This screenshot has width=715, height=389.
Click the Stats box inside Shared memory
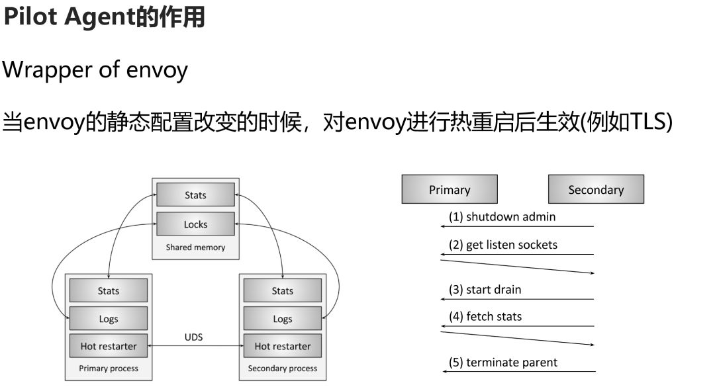coord(195,195)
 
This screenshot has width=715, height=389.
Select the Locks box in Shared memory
coord(195,224)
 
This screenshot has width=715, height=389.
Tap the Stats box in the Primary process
coord(109,291)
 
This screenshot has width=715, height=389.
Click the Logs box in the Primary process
coord(109,319)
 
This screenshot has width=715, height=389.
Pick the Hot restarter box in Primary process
coord(109,346)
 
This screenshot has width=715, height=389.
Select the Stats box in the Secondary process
coord(283,291)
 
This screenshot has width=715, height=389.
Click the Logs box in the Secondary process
coord(283,319)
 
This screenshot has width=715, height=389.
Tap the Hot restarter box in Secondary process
coord(283,346)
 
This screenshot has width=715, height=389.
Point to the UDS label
coord(193,337)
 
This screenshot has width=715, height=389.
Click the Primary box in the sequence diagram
coord(450,189)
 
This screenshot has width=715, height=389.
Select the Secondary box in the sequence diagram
coord(596,189)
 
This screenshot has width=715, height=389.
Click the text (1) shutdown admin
coord(502,216)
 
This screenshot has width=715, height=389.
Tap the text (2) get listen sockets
coord(503,245)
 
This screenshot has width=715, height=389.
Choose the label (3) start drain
coord(485,289)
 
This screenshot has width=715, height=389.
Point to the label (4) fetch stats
coord(485,317)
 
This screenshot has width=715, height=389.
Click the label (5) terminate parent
coord(503,362)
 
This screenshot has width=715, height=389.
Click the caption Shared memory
coord(195,247)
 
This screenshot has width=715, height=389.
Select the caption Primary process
coord(109,368)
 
